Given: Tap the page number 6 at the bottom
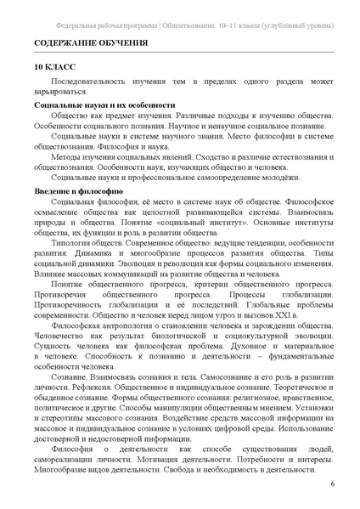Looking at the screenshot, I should [x=332, y=484].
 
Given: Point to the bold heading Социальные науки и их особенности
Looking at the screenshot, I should [x=98, y=105].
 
